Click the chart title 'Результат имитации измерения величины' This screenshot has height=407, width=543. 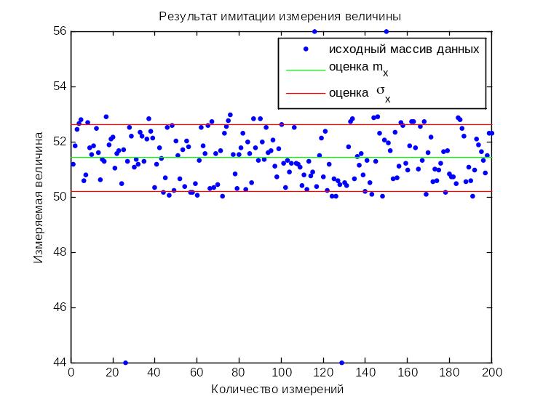[280, 16]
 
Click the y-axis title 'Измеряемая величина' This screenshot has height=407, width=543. [39, 198]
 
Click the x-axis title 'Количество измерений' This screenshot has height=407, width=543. [277, 390]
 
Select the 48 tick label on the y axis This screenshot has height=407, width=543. [60, 252]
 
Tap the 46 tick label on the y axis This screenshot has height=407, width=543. [60, 307]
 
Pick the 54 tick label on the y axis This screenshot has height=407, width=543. [60, 86]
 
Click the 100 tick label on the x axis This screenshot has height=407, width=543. [282, 372]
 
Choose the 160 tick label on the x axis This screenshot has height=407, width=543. [408, 372]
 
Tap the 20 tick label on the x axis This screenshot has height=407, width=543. [113, 372]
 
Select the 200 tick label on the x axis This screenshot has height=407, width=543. [492, 372]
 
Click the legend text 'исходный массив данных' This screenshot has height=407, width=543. [404, 49]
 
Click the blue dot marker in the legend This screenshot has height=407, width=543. [306, 49]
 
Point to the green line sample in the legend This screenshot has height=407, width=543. [306, 70]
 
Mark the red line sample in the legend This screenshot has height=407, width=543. [306, 93]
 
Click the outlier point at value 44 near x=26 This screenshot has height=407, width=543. [126, 363]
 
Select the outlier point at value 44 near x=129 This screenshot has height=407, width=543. [342, 363]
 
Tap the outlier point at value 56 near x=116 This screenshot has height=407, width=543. [314, 31]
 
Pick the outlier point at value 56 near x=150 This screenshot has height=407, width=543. [387, 31]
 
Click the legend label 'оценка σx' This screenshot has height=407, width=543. [360, 93]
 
